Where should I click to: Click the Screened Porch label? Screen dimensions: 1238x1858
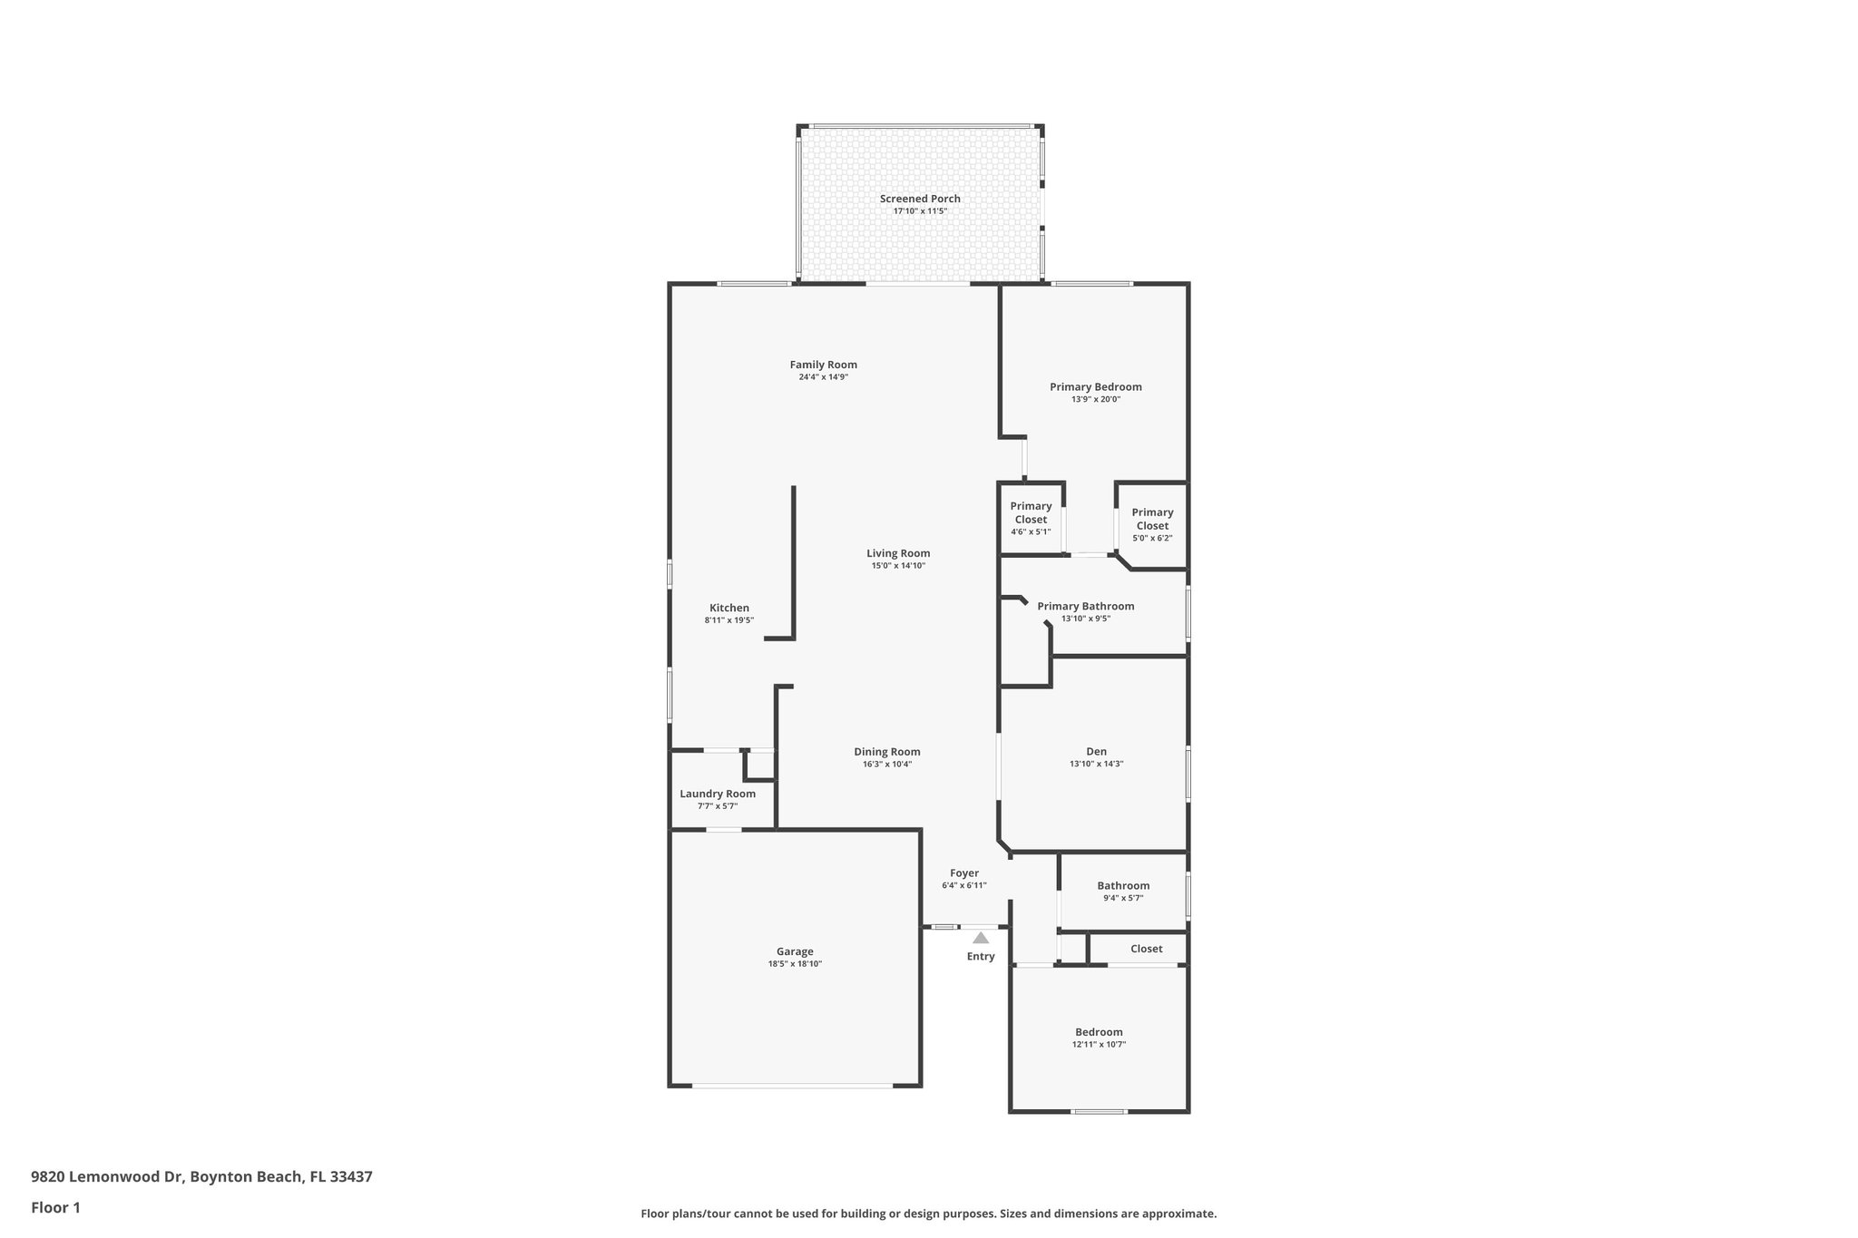tap(919, 199)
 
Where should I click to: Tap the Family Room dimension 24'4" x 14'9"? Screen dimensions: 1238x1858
tap(823, 377)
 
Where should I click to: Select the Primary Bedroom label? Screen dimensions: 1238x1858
tap(1095, 386)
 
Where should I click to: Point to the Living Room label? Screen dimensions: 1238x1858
tap(897, 553)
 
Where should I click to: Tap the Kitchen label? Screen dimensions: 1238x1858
tap(729, 608)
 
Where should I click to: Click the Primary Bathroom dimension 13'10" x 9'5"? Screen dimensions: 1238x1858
tap(1085, 619)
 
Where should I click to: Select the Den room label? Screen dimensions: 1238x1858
tap(1096, 751)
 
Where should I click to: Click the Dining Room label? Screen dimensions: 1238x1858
tap(886, 751)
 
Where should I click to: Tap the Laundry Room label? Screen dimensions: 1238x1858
tap(717, 794)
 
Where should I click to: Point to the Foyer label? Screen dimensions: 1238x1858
tap(963, 873)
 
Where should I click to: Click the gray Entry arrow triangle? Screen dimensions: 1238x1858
tap(981, 938)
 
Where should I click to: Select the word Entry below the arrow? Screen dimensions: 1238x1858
tap(981, 956)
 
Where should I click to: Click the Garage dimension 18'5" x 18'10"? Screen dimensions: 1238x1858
tap(794, 964)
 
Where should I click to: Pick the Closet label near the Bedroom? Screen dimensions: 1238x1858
tap(1146, 949)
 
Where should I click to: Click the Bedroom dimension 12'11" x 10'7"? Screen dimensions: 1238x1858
tap(1098, 1045)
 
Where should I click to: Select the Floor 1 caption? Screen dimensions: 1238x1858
tap(55, 1207)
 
